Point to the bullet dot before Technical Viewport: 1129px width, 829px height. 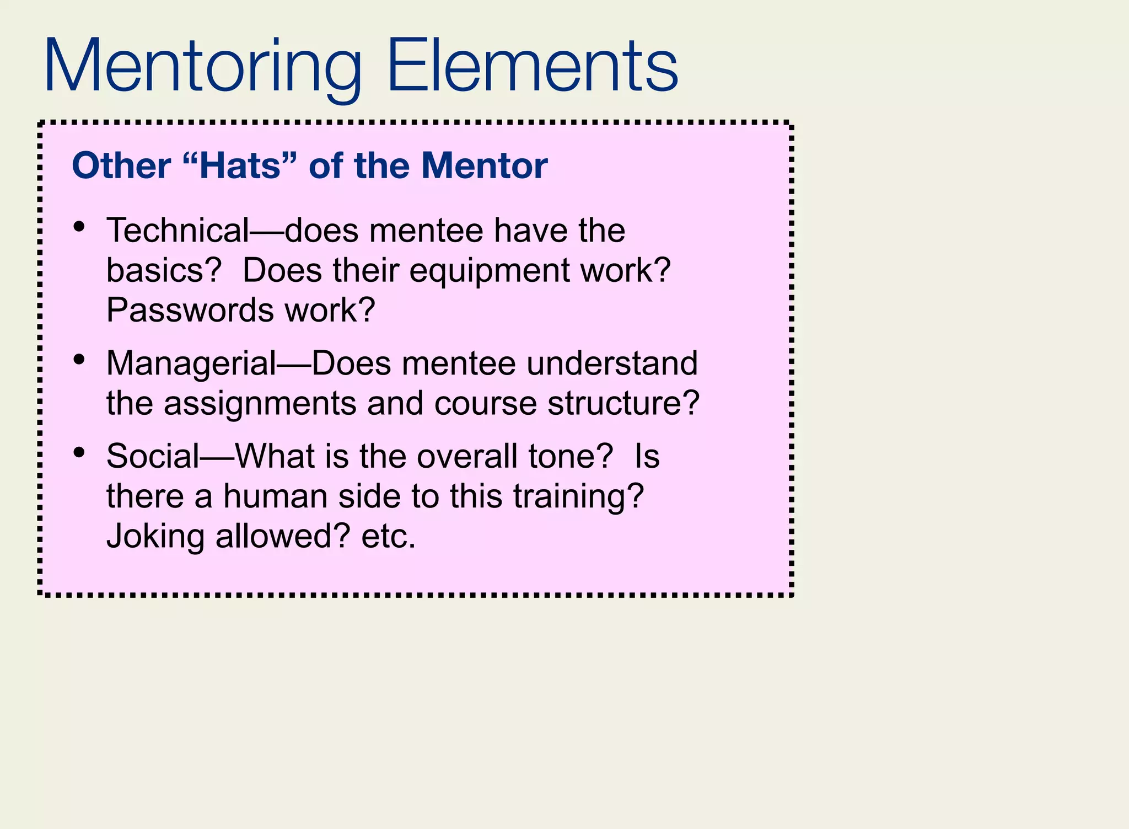79,226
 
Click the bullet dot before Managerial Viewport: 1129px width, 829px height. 79,360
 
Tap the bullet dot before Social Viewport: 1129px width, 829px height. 79,453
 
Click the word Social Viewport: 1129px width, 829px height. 153,457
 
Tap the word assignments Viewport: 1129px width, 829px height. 260,404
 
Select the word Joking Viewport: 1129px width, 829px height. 155,536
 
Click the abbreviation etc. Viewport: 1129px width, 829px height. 388,536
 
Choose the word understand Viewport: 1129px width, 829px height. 612,363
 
